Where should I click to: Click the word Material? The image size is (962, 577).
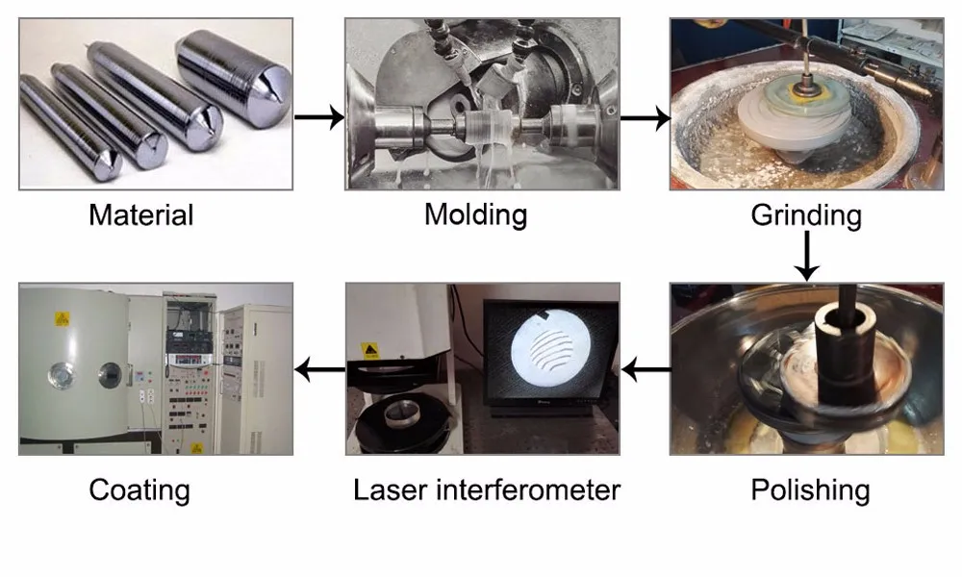141,215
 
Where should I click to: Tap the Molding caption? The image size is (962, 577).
475,215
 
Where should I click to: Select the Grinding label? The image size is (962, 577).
806,215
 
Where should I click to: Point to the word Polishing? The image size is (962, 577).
810,490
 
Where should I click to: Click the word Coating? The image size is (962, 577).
139,490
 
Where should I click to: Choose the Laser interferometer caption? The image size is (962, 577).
487,490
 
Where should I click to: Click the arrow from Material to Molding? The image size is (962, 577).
319,117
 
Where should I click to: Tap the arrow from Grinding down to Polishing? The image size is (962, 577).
807,256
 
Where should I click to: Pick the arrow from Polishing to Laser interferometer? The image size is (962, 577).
646,369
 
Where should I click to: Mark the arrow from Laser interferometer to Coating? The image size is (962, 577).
319,369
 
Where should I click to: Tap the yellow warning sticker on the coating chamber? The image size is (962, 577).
63,319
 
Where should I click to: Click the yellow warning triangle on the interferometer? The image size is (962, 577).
370,351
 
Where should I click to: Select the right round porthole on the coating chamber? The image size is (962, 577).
111,375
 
